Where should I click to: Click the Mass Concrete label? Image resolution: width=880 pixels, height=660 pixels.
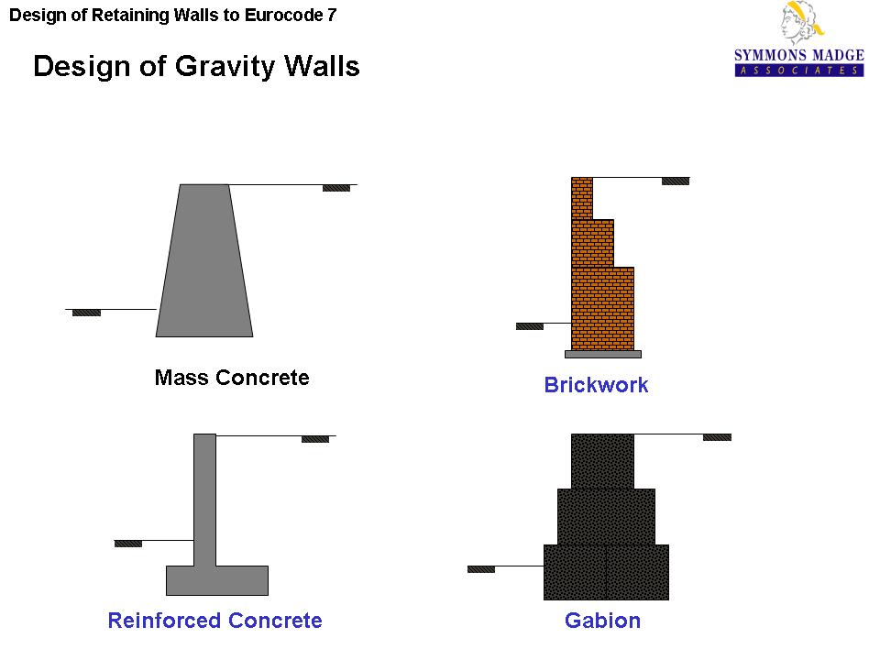(x=232, y=378)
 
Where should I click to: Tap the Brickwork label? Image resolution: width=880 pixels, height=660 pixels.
(x=596, y=385)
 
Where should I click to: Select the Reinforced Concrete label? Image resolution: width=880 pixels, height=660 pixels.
(x=214, y=621)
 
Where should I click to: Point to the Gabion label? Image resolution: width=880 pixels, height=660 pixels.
(x=602, y=621)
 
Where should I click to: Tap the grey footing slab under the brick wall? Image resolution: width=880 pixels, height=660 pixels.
(x=602, y=354)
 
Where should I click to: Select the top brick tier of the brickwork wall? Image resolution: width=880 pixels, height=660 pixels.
(x=582, y=198)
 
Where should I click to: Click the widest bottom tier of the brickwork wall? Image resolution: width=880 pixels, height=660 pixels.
(x=602, y=308)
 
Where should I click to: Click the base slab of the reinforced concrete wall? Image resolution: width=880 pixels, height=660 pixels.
(x=217, y=580)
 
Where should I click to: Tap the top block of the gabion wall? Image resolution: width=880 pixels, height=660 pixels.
(x=602, y=461)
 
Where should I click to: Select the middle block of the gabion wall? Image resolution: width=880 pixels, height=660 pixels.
(x=606, y=516)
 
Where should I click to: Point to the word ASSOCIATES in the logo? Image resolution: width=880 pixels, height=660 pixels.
(x=798, y=71)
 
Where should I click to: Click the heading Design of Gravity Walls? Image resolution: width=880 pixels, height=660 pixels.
(x=196, y=67)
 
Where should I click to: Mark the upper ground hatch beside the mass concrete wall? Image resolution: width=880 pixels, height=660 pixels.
(x=336, y=188)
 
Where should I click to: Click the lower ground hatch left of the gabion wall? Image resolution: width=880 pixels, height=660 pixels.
(x=481, y=569)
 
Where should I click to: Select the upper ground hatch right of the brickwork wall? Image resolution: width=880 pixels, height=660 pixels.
(x=676, y=181)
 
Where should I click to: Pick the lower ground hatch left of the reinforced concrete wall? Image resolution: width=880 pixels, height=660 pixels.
(x=128, y=544)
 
